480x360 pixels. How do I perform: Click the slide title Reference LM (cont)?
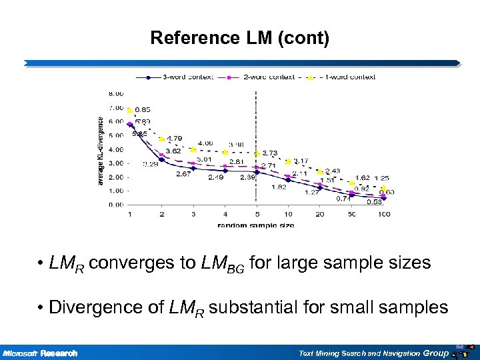(x=239, y=38)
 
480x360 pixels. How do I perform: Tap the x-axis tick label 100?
(x=383, y=214)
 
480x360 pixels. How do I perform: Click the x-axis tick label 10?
(x=288, y=214)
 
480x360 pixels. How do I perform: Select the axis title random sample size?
(x=255, y=225)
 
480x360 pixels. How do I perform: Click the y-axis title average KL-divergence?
(x=101, y=151)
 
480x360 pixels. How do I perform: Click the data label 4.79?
(x=174, y=139)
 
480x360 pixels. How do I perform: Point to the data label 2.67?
(x=183, y=174)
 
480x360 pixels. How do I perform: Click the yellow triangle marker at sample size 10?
(x=288, y=161)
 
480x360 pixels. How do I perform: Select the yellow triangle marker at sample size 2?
(x=161, y=139)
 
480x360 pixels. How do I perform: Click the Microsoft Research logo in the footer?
(x=40, y=353)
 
